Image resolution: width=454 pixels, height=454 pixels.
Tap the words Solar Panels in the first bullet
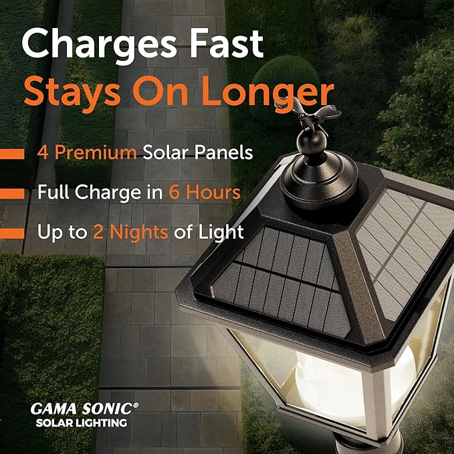[198, 152]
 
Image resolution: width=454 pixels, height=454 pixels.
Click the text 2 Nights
[126, 233]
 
